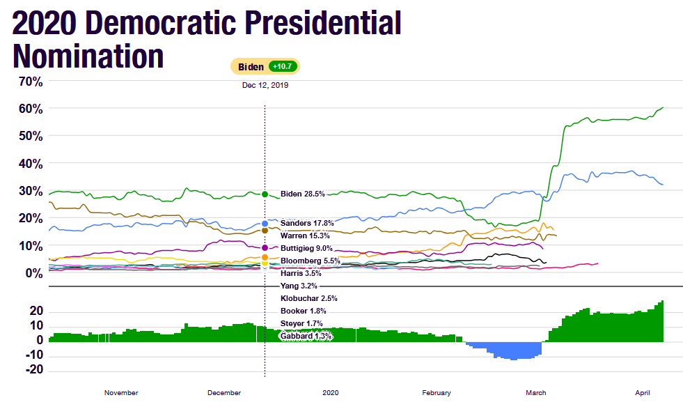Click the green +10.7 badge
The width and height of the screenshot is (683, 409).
(x=283, y=67)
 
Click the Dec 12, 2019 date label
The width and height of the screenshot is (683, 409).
(x=265, y=85)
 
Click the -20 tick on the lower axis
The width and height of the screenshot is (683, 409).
(x=35, y=370)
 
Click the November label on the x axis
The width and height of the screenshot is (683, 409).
(x=121, y=393)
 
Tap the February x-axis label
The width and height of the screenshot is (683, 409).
(x=437, y=393)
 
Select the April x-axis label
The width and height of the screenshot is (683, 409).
(x=642, y=393)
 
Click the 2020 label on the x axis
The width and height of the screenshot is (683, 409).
(x=331, y=393)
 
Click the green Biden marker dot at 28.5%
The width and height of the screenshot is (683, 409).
(x=265, y=194)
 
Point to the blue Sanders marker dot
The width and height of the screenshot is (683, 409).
(x=265, y=224)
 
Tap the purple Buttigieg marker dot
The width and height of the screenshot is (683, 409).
(x=265, y=248)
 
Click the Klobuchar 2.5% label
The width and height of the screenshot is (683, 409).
(x=308, y=298)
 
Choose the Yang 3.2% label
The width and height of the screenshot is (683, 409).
(x=299, y=286)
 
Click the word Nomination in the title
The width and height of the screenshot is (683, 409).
(x=88, y=56)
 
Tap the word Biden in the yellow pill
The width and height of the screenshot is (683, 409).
(x=251, y=67)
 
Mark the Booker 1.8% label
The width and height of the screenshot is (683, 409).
(x=304, y=311)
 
